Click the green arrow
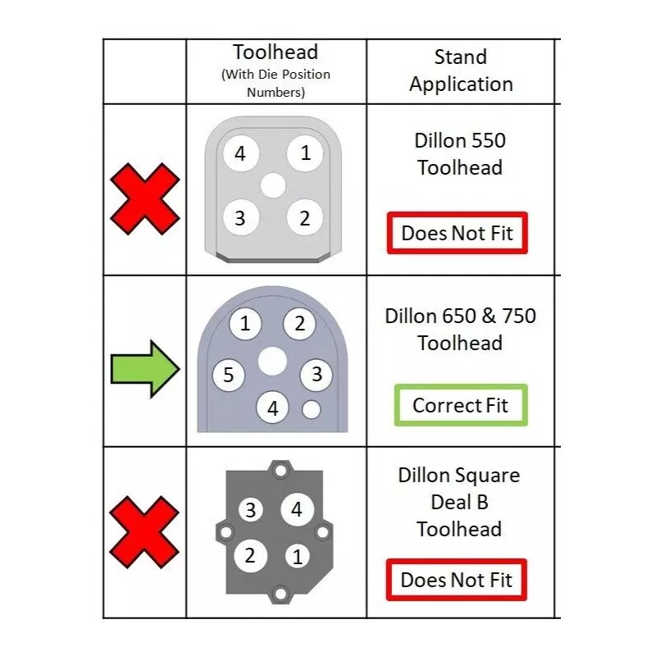point(144,371)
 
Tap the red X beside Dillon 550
point(144,197)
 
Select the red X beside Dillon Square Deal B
point(144,533)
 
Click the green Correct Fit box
point(460,405)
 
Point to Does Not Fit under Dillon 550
point(457,233)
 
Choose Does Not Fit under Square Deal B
point(457,580)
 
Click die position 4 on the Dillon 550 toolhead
point(240,153)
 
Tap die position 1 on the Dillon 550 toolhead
point(305,153)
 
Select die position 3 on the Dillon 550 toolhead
point(240,218)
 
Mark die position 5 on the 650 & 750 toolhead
point(229,376)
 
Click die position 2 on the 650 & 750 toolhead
point(299,324)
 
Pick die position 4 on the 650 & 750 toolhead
point(273,408)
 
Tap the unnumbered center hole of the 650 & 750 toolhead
point(272,360)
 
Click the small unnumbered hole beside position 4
point(312,408)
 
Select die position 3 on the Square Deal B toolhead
point(251,510)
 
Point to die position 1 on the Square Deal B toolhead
point(297,556)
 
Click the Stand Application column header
point(461,71)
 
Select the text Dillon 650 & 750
point(460,316)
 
